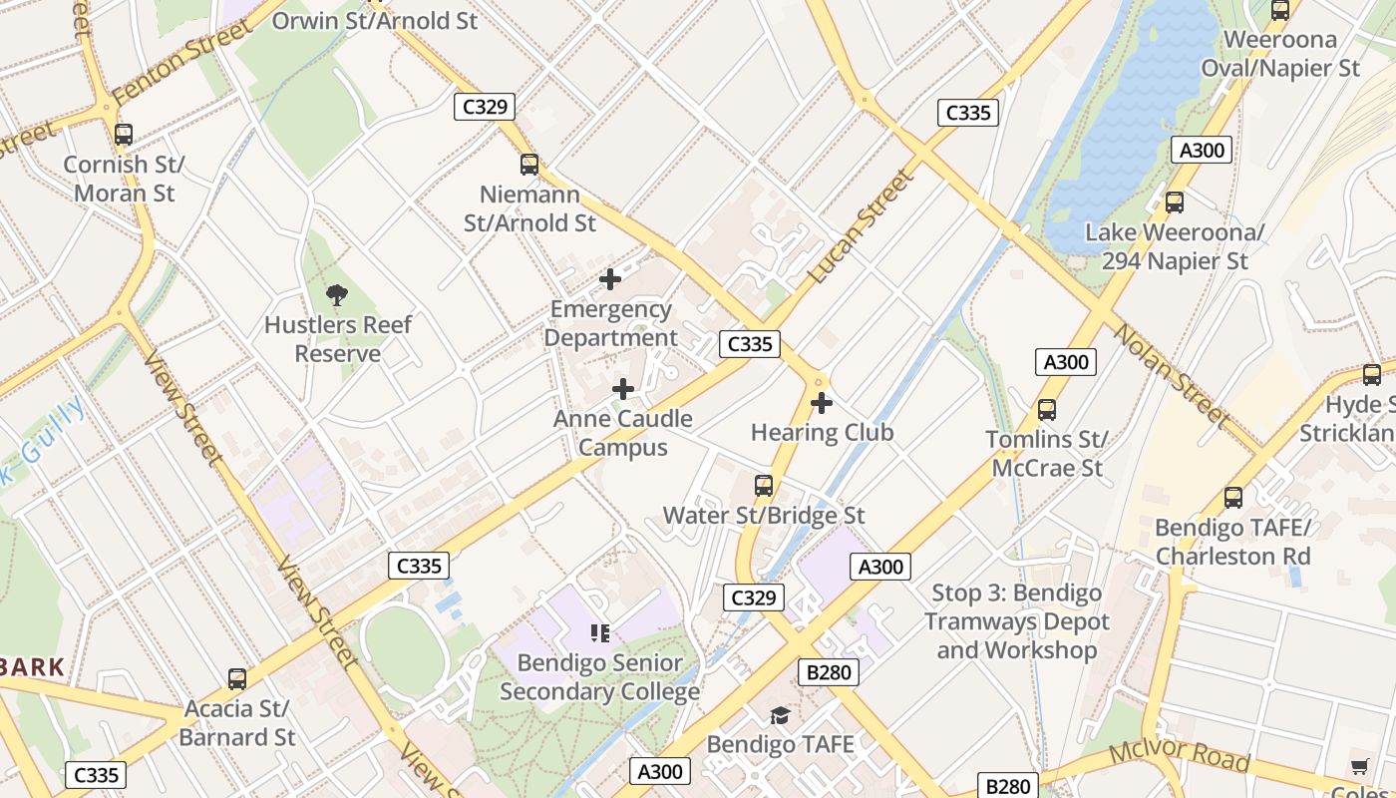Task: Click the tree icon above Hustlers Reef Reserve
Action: pyautogui.click(x=337, y=294)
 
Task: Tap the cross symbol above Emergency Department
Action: pyautogui.click(x=609, y=279)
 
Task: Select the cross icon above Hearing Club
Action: pyautogui.click(x=822, y=403)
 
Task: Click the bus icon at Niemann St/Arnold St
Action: pyautogui.click(x=529, y=165)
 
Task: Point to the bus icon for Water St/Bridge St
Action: pyautogui.click(x=764, y=486)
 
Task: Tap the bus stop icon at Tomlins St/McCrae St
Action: pyautogui.click(x=1046, y=409)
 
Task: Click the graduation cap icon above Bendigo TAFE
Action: pyautogui.click(x=780, y=715)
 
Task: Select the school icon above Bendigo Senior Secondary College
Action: pyautogui.click(x=599, y=632)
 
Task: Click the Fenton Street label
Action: pyautogui.click(x=181, y=64)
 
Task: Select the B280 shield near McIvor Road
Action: pyautogui.click(x=1007, y=786)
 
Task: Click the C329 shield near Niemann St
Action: pyautogui.click(x=485, y=107)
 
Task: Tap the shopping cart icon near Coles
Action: pyautogui.click(x=1359, y=766)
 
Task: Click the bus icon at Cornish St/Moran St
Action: pyautogui.click(x=124, y=135)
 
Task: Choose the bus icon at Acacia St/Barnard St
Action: pyautogui.click(x=237, y=679)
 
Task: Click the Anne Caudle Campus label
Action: pyautogui.click(x=623, y=432)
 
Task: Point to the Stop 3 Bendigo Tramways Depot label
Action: pyautogui.click(x=1016, y=621)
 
